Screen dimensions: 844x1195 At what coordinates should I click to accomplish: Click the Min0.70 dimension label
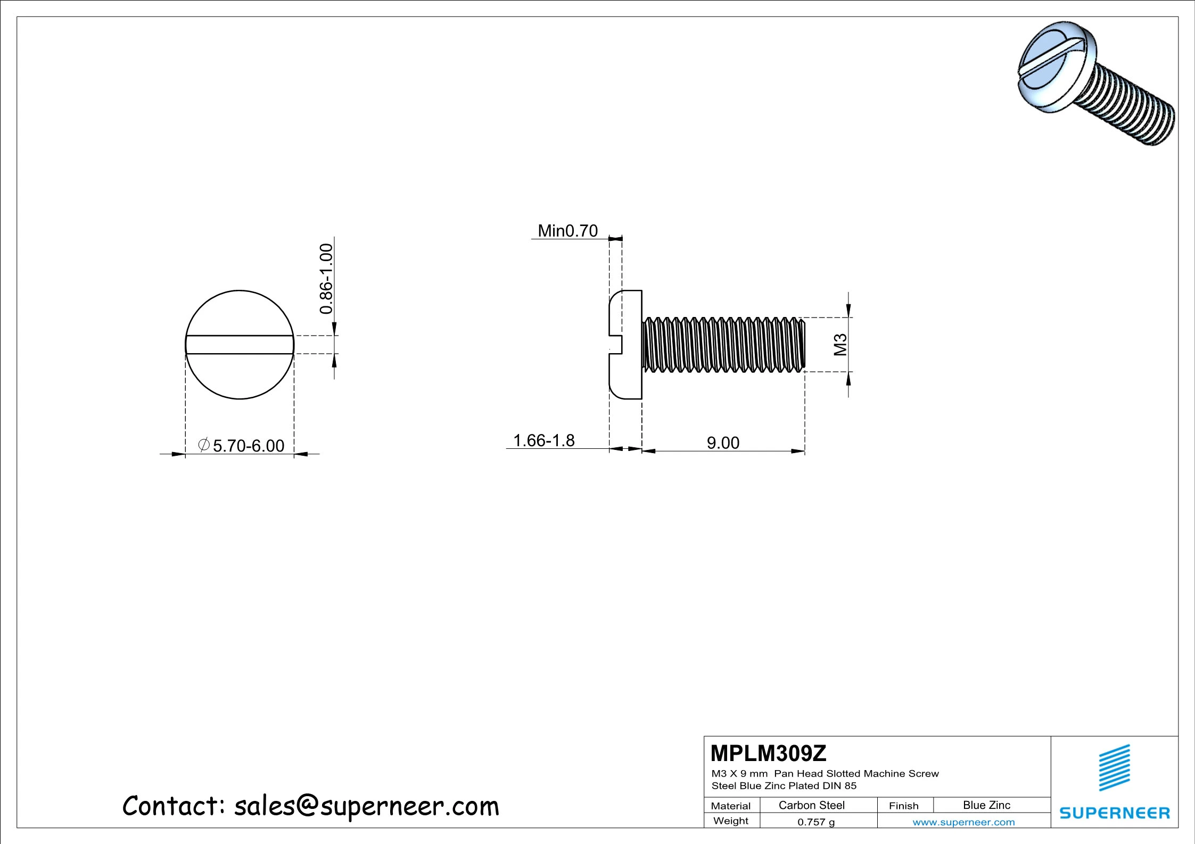(x=567, y=231)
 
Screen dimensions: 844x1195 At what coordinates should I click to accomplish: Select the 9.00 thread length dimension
(x=723, y=442)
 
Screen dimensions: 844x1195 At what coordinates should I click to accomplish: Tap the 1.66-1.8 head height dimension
(x=543, y=440)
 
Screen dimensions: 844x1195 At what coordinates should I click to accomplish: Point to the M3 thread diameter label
(x=840, y=345)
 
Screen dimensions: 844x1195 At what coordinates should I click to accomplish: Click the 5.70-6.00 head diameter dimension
(x=248, y=446)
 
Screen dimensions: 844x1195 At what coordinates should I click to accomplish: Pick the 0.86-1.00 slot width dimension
(x=326, y=279)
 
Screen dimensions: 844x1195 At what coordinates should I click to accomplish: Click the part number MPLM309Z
(x=768, y=753)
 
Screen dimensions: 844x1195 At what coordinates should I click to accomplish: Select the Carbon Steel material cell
(x=811, y=805)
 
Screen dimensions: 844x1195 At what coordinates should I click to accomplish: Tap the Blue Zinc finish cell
(x=986, y=805)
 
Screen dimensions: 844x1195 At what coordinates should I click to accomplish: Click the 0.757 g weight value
(x=816, y=822)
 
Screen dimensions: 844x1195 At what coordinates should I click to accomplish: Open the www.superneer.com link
(x=963, y=822)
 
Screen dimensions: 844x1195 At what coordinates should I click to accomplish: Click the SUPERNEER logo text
(x=1115, y=813)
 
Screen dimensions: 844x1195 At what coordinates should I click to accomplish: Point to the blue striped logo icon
(x=1114, y=767)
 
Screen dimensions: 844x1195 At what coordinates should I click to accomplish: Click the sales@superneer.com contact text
(x=366, y=806)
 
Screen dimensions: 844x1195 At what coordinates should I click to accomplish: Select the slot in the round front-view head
(x=240, y=345)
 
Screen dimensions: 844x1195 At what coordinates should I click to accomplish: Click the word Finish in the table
(x=903, y=806)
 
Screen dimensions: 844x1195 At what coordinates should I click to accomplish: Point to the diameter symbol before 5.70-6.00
(x=203, y=445)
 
